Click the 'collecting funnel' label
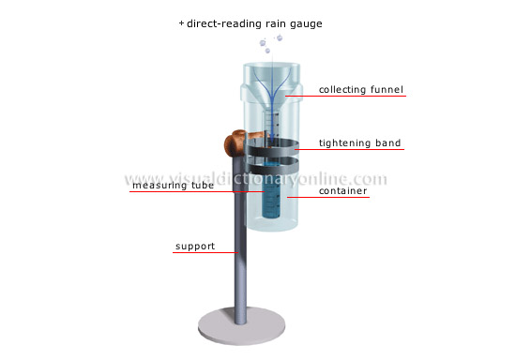tap(361, 90)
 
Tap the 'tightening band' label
tap(360, 143)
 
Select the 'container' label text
tap(342, 191)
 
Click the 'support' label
tap(195, 247)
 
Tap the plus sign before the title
tap(181, 21)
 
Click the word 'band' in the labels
tap(387, 143)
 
